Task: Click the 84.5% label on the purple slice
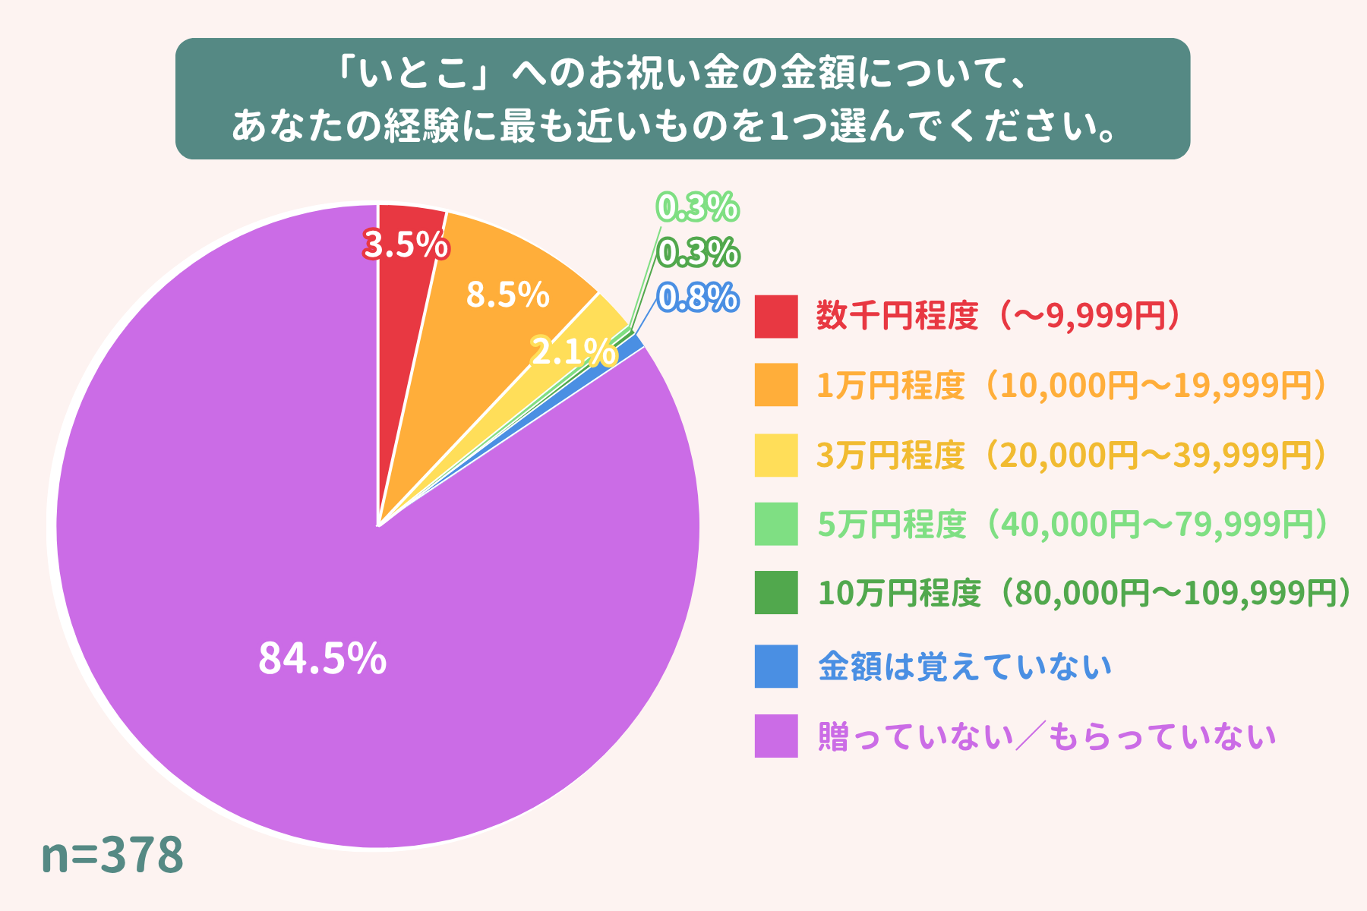click(x=323, y=658)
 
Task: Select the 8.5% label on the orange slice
click(x=507, y=295)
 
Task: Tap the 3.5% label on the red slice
click(x=405, y=245)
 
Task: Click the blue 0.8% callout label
click(x=697, y=298)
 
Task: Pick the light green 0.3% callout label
click(x=697, y=207)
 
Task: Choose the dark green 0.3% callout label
click(x=697, y=253)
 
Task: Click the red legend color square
click(x=776, y=316)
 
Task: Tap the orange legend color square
click(x=776, y=385)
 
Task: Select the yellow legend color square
click(x=776, y=455)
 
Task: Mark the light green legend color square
click(x=776, y=524)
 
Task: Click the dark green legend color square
click(x=776, y=592)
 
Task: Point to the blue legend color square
click(x=776, y=666)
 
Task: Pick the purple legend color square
click(x=776, y=736)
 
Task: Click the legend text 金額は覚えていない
click(x=964, y=667)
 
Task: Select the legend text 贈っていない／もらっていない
click(x=1047, y=736)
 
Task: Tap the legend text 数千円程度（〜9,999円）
click(x=998, y=316)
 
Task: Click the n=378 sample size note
click(x=112, y=855)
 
